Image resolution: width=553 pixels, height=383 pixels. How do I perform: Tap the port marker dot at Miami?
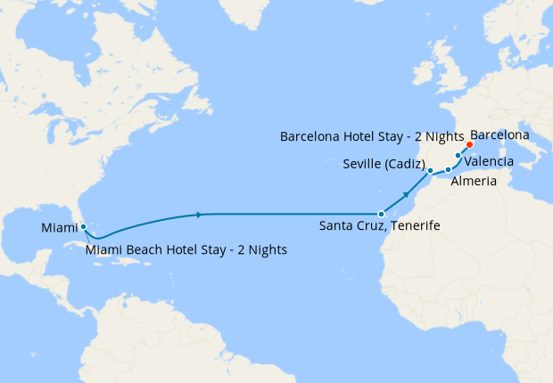tap(83, 226)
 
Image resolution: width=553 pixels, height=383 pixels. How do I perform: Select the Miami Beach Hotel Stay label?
tap(186, 250)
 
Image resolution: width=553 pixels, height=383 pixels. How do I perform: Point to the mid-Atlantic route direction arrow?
tap(198, 215)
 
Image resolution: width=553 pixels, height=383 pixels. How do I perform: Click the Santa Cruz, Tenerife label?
tap(379, 227)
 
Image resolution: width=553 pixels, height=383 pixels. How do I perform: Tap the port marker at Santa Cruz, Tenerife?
tap(381, 214)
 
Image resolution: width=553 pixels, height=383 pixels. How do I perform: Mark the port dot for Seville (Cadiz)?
tap(430, 170)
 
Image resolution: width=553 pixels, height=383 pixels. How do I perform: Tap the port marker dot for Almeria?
tap(449, 169)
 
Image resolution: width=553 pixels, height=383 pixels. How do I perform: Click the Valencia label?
tap(489, 161)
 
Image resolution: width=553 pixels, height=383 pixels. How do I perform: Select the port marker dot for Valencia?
tap(458, 156)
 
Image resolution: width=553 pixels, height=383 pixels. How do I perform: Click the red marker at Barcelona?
tap(469, 144)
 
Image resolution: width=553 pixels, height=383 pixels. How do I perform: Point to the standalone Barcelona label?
tap(499, 135)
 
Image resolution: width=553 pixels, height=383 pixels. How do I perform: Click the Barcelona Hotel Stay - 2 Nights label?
tap(371, 138)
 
